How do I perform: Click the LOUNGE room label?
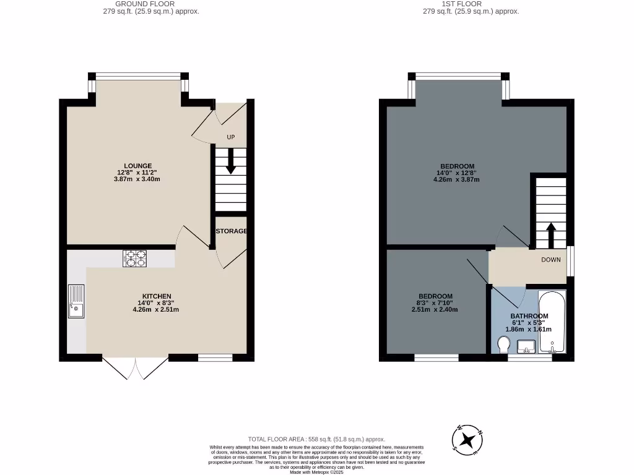click(x=138, y=166)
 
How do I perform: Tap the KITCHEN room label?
click(x=156, y=296)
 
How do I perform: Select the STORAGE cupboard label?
click(x=232, y=231)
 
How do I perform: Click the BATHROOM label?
click(x=529, y=316)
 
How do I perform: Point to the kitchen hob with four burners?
click(x=136, y=258)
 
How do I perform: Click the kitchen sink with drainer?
click(x=76, y=301)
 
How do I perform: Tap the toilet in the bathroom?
click(x=503, y=343)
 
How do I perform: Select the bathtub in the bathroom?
click(x=552, y=322)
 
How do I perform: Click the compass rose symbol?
click(x=469, y=440)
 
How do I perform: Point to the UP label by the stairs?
click(x=230, y=137)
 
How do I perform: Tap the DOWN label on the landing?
click(x=551, y=260)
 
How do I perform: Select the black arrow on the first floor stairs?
click(x=550, y=234)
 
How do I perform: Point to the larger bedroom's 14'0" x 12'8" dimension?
click(x=457, y=173)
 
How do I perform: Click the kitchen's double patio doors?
click(x=136, y=369)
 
